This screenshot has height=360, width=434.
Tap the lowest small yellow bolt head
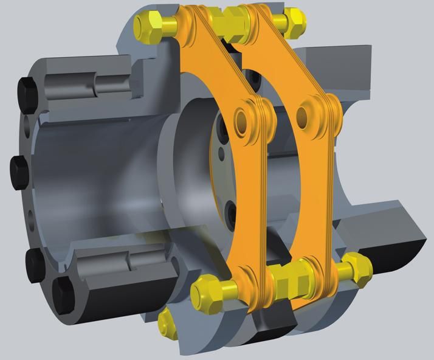click(x=167, y=324)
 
